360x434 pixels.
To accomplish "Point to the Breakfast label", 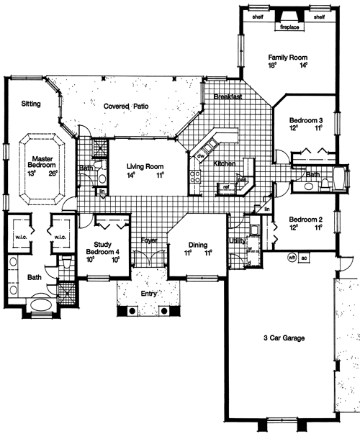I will point(227,96).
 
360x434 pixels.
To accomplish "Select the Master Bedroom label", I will point(42,162).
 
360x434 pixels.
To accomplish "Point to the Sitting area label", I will point(30,104).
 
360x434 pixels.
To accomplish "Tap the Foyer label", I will point(149,240).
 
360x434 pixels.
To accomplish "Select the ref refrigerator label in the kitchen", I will point(225,186).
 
